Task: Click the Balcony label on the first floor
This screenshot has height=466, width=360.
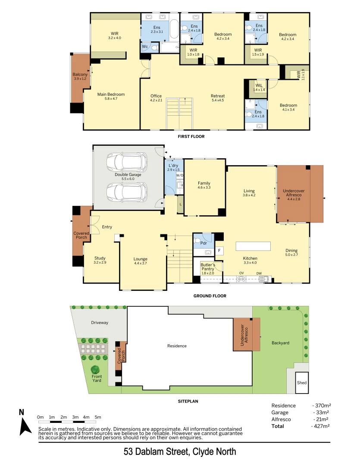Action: pyautogui.click(x=80, y=77)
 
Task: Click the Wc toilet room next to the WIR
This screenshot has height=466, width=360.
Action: pyautogui.click(x=144, y=46)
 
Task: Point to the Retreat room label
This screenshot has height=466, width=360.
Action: pyautogui.click(x=218, y=96)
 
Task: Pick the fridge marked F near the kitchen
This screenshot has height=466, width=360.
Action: pyautogui.click(x=219, y=250)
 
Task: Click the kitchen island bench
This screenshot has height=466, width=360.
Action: pyautogui.click(x=253, y=246)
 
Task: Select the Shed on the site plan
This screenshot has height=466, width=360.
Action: pyautogui.click(x=302, y=382)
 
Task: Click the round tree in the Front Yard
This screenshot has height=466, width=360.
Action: pyautogui.click(x=95, y=370)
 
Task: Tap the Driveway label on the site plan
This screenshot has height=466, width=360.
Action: pyautogui.click(x=100, y=322)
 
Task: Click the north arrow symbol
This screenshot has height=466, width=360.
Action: pyautogui.click(x=25, y=425)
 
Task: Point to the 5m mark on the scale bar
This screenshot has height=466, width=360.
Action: pyautogui.click(x=98, y=417)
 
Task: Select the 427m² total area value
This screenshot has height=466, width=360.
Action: pyautogui.click(x=321, y=426)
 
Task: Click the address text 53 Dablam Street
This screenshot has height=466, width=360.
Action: pyautogui.click(x=180, y=452)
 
